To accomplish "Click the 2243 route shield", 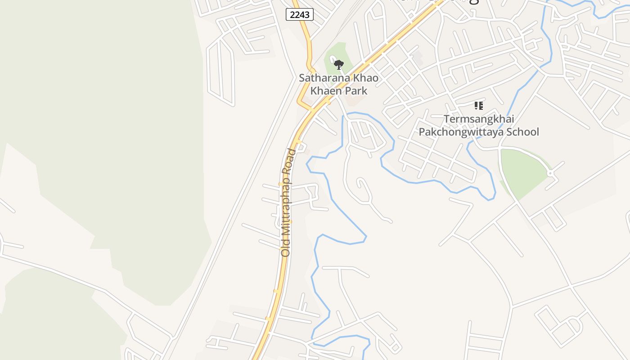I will coord(300,15).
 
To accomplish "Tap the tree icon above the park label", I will coord(339,64).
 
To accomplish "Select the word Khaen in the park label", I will coord(325,90).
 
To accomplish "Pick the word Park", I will coord(356,90).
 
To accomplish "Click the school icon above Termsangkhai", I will coord(479,106).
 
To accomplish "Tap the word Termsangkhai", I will coord(479,119).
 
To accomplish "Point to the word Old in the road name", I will coord(286,247).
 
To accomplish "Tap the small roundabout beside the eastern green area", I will coord(550,173).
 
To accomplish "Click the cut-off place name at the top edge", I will coord(434,2).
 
